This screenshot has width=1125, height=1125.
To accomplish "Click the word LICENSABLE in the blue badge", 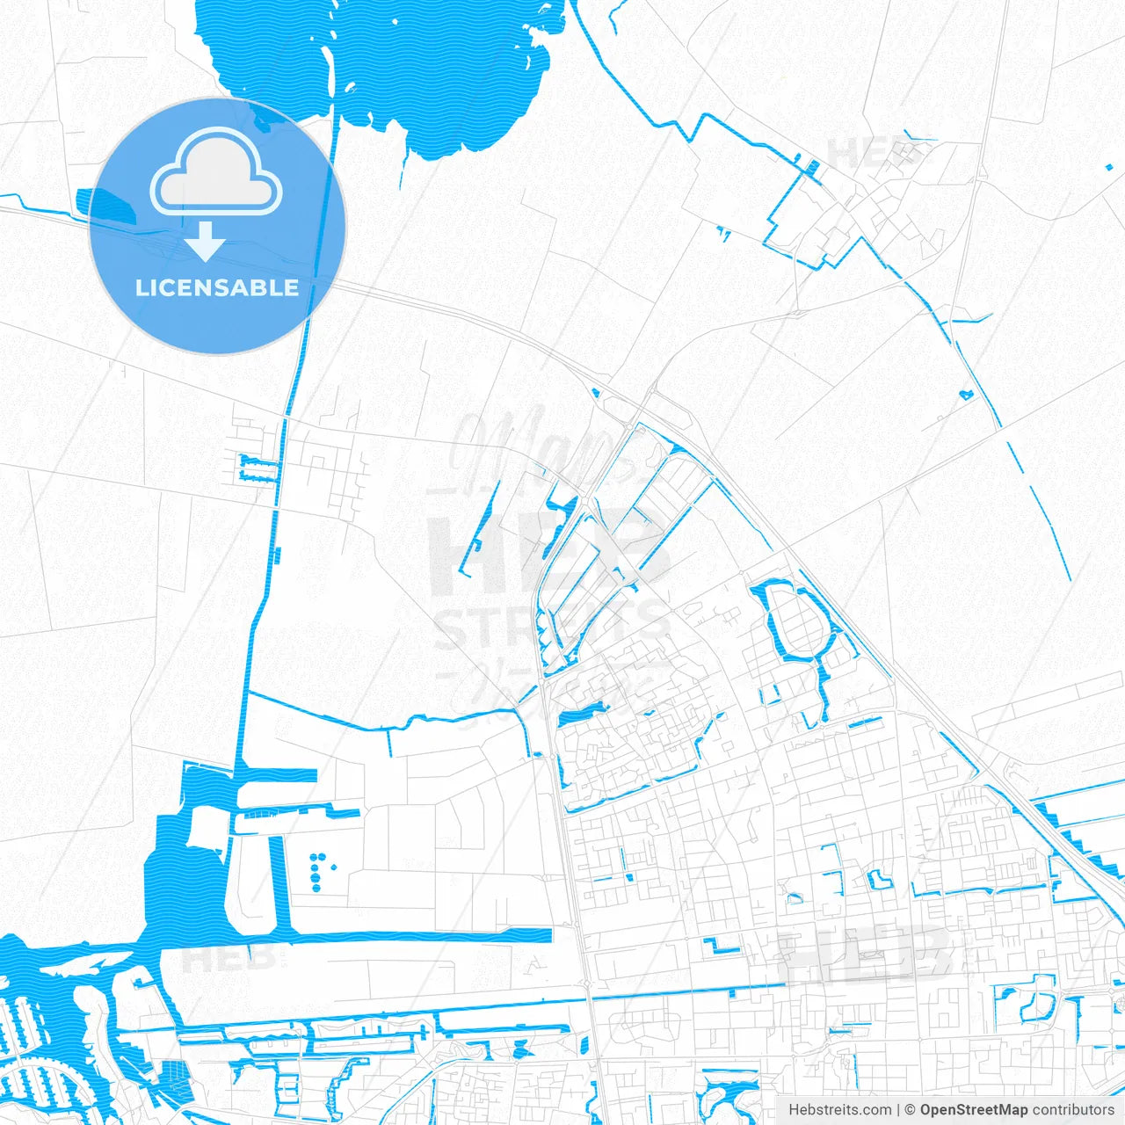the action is pos(217,288).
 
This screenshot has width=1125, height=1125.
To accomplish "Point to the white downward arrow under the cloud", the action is pos(206,241).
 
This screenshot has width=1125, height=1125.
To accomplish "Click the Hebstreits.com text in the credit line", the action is pos(839,1110).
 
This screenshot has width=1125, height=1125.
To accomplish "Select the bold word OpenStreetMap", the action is pos(973,1110).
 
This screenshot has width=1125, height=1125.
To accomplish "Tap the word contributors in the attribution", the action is pos(1072,1110).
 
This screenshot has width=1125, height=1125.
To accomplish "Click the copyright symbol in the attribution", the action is pos(910,1110).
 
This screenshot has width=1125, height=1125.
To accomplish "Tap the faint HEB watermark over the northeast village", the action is pos(870,154).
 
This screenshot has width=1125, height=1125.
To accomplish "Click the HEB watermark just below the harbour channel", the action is pos(224,958).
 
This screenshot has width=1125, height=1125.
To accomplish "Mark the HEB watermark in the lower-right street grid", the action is pos(866,954).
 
